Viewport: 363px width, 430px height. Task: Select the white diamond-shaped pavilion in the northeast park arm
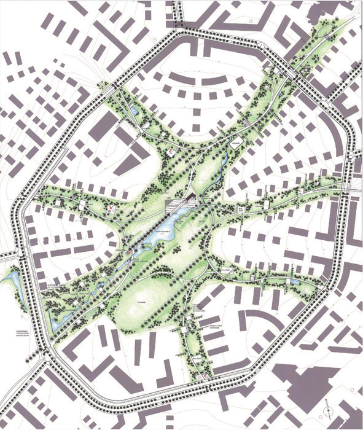click(237, 143)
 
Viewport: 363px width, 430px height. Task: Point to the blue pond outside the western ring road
click(9, 284)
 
